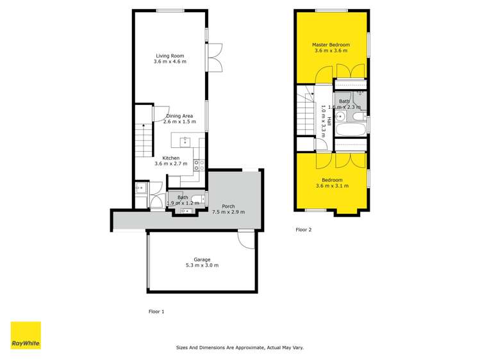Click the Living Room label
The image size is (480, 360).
[x=169, y=56]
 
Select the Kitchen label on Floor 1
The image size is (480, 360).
[x=170, y=158]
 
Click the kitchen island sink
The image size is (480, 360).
[x=185, y=140]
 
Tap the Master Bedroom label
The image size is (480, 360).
[x=331, y=45]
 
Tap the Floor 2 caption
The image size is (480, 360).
[x=303, y=229]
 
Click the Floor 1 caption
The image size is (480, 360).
[x=156, y=311]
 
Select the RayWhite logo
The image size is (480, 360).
[x=26, y=335]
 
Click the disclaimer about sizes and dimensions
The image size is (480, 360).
[x=240, y=348]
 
